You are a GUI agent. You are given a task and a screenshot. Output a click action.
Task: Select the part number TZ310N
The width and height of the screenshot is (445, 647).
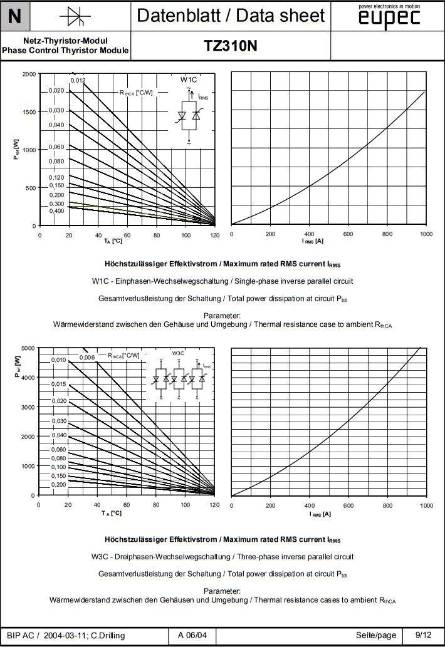[230, 46]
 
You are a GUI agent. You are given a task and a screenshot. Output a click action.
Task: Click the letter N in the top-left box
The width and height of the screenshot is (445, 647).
[15, 16]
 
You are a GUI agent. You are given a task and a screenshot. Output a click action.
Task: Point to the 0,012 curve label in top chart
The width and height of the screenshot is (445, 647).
[78, 81]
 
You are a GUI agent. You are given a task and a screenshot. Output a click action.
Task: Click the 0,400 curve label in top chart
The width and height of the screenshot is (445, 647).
[57, 211]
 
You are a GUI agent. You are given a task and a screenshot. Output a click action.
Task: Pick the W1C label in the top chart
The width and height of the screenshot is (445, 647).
[189, 80]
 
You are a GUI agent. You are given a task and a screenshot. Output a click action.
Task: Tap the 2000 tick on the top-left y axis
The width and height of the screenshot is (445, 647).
[29, 74]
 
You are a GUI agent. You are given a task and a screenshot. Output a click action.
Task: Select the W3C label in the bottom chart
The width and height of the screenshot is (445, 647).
[178, 354]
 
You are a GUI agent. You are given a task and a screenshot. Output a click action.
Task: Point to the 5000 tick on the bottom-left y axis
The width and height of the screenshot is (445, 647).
[28, 348]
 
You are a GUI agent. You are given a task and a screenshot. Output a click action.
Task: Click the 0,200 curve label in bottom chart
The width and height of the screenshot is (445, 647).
[58, 485]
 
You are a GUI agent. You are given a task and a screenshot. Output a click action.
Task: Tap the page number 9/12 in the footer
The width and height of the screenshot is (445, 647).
[423, 635]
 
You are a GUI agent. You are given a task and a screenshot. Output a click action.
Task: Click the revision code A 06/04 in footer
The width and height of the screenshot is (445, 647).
[192, 635]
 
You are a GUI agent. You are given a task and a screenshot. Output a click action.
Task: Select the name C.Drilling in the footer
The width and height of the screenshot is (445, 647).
[103, 635]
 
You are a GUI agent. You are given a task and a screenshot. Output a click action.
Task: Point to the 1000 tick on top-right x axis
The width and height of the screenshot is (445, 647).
[426, 234]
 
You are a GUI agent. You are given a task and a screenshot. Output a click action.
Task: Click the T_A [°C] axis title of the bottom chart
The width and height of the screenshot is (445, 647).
[112, 514]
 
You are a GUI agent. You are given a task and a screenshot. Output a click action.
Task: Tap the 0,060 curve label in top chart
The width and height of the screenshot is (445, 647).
[57, 147]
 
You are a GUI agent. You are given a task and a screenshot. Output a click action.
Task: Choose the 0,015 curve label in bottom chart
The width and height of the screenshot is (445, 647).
[58, 384]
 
